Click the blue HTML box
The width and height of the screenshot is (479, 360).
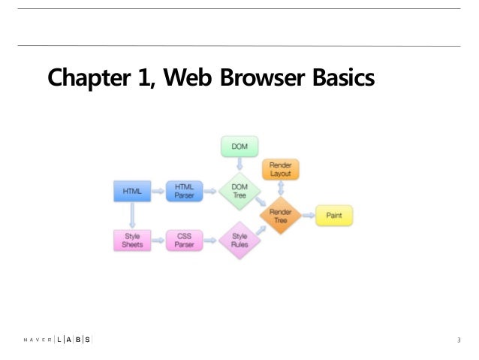(131, 192)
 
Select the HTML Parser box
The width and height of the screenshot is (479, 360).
(183, 192)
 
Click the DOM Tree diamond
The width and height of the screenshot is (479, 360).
(239, 192)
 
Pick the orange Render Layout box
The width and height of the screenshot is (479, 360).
(281, 169)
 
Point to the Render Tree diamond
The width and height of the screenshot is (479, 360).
(281, 216)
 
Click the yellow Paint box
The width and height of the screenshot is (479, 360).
(333, 216)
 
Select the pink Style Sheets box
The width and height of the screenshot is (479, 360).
(131, 241)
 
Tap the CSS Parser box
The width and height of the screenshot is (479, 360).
(183, 241)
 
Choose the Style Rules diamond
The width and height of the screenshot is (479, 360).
(239, 241)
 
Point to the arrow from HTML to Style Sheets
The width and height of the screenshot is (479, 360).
(131, 216)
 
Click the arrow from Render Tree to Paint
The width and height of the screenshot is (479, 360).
(308, 216)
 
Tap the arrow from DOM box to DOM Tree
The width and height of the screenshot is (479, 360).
(239, 165)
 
